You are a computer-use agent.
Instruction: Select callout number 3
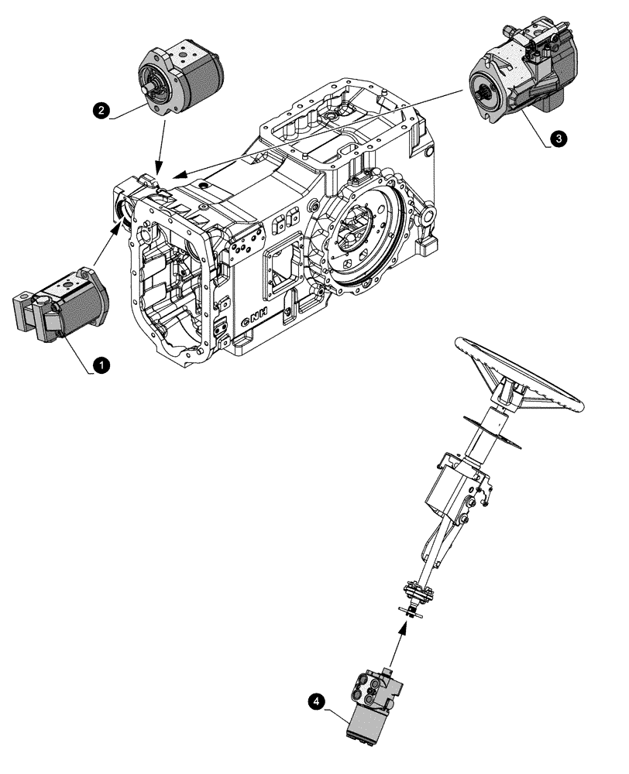558,138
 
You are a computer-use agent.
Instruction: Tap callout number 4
314,701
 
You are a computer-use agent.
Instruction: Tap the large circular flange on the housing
358,232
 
